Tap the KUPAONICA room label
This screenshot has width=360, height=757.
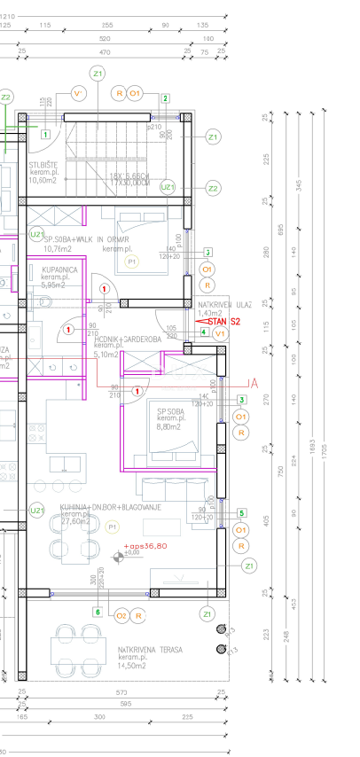click(x=59, y=269)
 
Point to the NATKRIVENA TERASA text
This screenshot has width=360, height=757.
click(x=150, y=649)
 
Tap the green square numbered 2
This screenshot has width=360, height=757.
click(x=165, y=98)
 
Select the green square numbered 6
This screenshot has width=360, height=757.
click(x=98, y=612)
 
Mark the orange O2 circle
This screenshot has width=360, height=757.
click(x=121, y=615)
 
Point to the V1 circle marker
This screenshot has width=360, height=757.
click(x=220, y=333)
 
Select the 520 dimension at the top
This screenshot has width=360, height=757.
click(x=106, y=39)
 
